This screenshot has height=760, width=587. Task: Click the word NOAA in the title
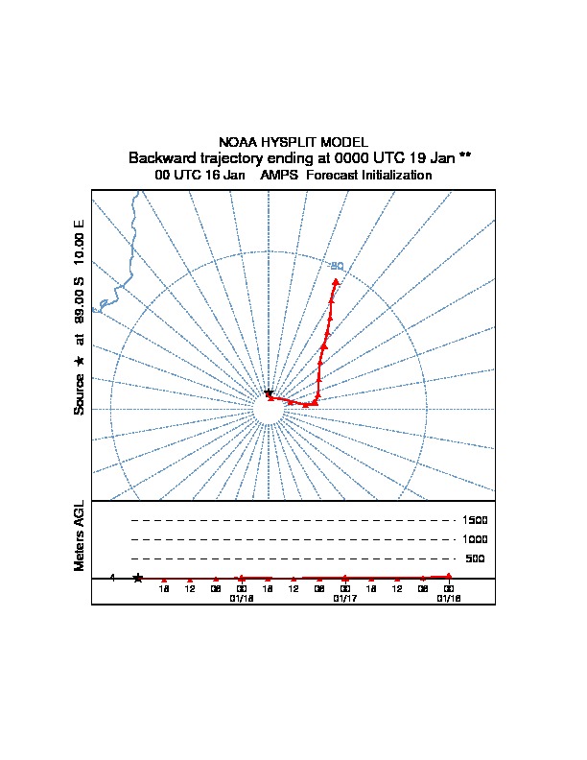point(238,142)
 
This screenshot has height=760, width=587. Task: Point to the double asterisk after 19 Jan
point(465,156)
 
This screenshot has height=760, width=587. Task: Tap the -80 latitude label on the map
point(337,265)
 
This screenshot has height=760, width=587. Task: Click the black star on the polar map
point(269,393)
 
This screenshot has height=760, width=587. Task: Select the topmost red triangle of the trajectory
point(336,281)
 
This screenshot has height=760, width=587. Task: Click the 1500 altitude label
point(475,520)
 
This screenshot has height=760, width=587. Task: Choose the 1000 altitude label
point(475,539)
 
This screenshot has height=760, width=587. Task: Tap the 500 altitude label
point(475,558)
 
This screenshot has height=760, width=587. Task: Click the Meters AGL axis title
point(80,535)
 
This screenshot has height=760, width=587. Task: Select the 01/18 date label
point(241,598)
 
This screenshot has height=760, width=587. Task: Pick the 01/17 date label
point(344,598)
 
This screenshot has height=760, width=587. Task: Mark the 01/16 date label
point(448,598)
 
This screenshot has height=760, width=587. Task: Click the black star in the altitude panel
point(138,578)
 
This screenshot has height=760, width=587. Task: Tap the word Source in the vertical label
point(80,393)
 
